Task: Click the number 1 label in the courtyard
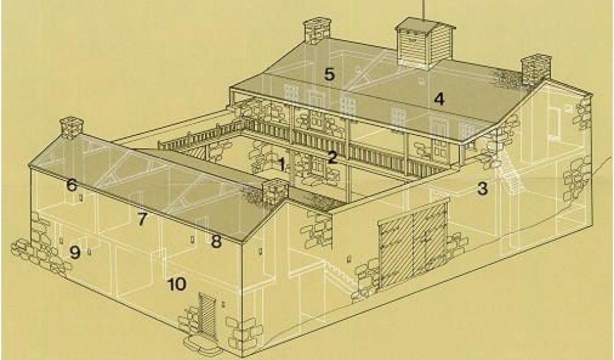[x=282, y=164]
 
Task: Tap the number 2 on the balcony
[x=332, y=157]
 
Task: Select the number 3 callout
[x=483, y=189]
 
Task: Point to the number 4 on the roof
[x=440, y=99]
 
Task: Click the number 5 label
[x=329, y=74]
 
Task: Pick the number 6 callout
[x=72, y=185]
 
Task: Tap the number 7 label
[x=142, y=220]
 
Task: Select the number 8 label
[x=216, y=241]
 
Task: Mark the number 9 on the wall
[x=75, y=252]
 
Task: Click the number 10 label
[x=177, y=284]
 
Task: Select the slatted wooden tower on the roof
[x=425, y=43]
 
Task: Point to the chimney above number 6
[x=72, y=128]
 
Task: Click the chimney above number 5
[x=317, y=31]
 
